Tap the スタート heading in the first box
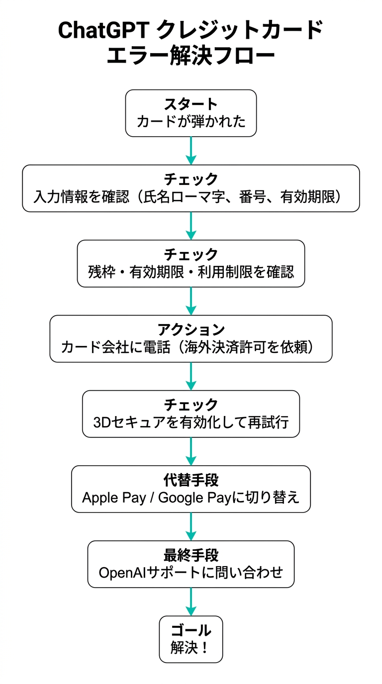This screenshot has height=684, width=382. (x=191, y=104)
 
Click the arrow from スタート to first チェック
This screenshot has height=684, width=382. (x=191, y=151)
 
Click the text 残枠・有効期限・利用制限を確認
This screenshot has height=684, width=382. (x=191, y=272)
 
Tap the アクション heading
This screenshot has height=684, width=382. (x=191, y=329)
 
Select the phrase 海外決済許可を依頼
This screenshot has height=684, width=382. (x=257, y=347)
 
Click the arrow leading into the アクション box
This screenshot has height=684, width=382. (x=191, y=301)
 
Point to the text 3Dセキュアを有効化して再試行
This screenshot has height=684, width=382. (x=191, y=422)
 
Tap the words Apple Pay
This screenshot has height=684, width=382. (x=107, y=498)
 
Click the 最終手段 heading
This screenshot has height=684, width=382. (x=191, y=555)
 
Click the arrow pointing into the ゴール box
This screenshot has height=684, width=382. (x=191, y=602)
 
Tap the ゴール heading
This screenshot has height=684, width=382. (x=191, y=630)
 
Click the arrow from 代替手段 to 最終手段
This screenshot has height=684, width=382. (x=191, y=527)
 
